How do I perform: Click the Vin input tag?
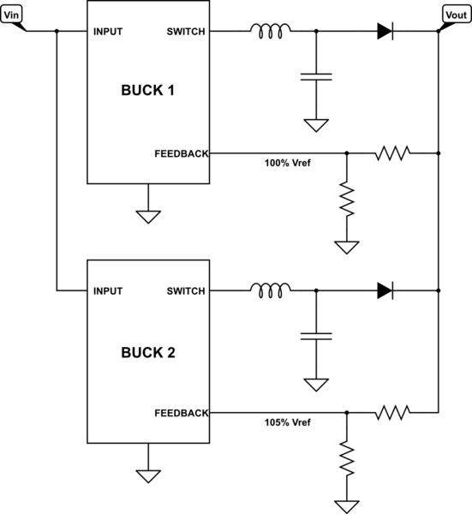coord(12,15)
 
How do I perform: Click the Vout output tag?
coord(452,15)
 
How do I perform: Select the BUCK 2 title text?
coord(148,351)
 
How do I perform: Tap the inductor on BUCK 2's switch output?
coord(270,290)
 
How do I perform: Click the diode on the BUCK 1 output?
coord(385,32)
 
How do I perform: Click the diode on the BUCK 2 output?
coord(385,291)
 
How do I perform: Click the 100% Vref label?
coord(288,163)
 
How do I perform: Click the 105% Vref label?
coord(288,422)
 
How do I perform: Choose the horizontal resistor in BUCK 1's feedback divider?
coord(392,153)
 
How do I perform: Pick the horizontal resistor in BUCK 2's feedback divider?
coord(392,413)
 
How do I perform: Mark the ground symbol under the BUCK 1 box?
coord(148,215)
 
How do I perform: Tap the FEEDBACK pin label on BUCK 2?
coord(182,413)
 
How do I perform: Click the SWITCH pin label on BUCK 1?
coord(187,32)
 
